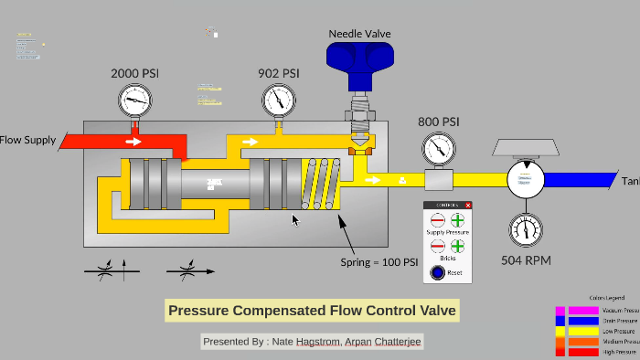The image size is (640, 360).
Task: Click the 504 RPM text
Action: point(525,259)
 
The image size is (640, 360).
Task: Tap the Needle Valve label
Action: point(359,34)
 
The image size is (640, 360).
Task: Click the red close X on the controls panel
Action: point(468,205)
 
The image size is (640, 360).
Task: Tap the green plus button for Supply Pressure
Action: point(457,220)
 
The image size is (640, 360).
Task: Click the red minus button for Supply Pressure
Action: point(437,220)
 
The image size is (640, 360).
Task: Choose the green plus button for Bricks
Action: point(457,247)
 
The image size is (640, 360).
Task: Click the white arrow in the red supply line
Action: point(133,142)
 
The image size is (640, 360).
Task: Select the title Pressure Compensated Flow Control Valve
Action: point(312,311)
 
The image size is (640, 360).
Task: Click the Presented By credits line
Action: point(313,341)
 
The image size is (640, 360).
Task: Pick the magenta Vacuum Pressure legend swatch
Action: point(582,311)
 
